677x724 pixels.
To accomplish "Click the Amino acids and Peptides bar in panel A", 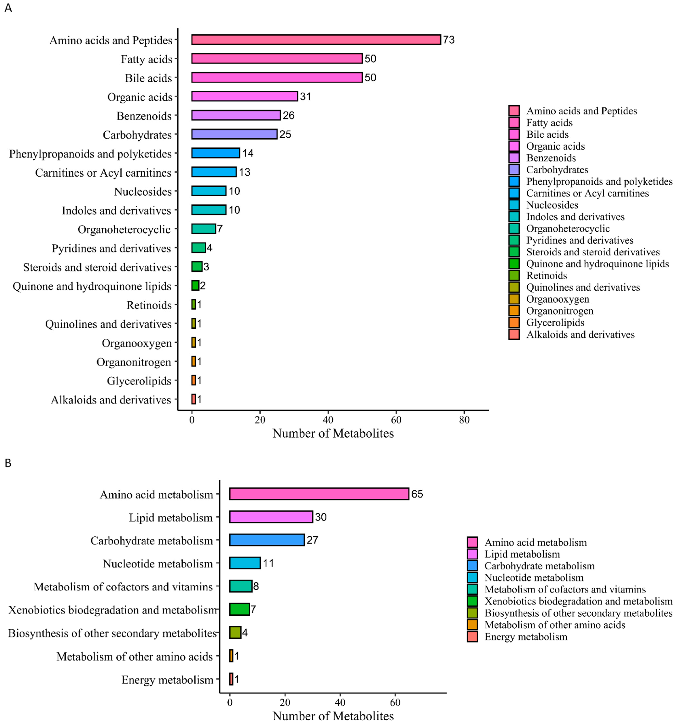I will point(316,40).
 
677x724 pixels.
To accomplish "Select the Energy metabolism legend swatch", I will point(472,637).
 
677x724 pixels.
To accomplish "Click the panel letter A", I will point(8,8).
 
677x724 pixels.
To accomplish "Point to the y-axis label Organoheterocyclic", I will point(124,229).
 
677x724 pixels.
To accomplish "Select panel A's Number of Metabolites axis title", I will point(333,433).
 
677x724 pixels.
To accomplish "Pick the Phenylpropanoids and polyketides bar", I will point(215,153).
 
